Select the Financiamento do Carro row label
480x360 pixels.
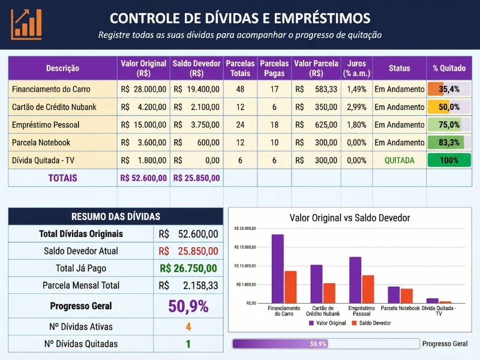51,89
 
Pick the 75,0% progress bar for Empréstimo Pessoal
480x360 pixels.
449,125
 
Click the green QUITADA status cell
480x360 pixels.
399,160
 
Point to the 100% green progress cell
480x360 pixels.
449,160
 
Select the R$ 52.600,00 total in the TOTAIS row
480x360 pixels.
143,178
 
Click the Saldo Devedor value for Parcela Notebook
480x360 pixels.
196,143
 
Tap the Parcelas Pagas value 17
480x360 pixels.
274,89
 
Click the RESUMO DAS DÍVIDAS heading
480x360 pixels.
115,217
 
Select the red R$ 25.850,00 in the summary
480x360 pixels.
188,251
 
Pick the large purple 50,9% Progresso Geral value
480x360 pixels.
188,306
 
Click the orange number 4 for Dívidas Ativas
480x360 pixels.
188,327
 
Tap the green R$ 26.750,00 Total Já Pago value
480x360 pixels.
188,268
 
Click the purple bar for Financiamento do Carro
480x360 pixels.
277,268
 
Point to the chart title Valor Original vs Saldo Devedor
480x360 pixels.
350,218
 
